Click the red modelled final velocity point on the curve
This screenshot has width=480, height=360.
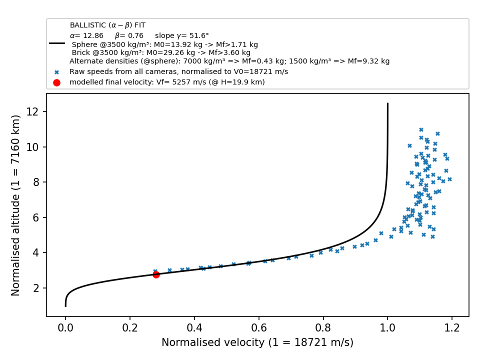[156, 274]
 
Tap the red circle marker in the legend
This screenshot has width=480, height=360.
[56, 82]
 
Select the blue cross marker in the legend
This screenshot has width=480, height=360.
[56, 72]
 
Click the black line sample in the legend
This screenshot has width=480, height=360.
[57, 43]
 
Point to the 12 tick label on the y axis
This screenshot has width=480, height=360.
[32, 111]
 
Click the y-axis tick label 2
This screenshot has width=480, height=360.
[36, 288]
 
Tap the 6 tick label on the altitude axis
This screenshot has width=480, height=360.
[36, 217]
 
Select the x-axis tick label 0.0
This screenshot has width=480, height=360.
[65, 328]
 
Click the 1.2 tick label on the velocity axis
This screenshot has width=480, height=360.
[452, 328]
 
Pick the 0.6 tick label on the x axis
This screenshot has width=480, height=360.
[258, 328]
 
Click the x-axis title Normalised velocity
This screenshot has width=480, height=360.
[257, 342]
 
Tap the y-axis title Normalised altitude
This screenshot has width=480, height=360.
[15, 205]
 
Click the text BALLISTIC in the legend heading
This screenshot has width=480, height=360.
[88, 25]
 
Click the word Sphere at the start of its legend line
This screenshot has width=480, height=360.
[84, 44]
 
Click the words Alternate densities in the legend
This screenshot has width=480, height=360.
[104, 61]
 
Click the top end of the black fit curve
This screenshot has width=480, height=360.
[387, 103]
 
